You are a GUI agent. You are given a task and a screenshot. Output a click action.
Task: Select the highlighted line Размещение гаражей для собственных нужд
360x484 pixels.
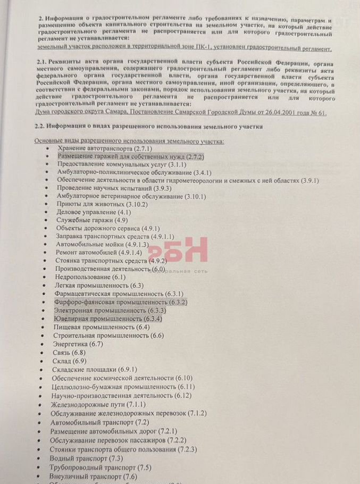click(130, 157)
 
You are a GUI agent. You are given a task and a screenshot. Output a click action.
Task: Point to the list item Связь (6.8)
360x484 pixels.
click(70, 353)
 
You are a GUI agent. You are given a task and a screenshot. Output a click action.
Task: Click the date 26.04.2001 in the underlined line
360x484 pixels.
click(274, 113)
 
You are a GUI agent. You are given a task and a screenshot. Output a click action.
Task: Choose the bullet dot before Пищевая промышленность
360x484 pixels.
click(47, 327)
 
